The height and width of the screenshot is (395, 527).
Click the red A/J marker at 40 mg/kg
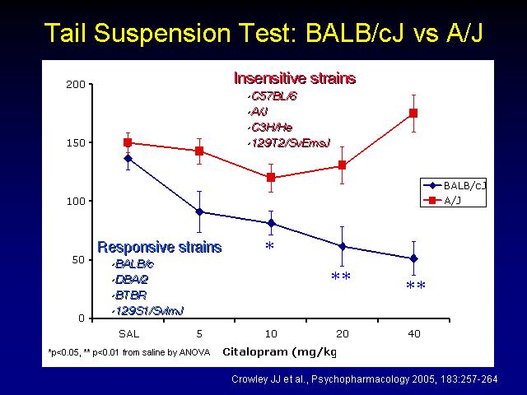[413, 114]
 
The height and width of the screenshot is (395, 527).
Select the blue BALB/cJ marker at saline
[128, 158]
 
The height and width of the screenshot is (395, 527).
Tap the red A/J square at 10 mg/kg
[271, 178]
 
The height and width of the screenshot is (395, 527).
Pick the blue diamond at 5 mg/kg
[199, 212]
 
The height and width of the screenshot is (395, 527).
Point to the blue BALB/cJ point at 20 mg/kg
[343, 247]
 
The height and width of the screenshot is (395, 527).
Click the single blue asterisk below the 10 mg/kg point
[269, 246]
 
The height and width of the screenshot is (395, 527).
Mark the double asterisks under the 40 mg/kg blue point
[416, 286]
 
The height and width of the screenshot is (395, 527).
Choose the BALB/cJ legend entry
[453, 186]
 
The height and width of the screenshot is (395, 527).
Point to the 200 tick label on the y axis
[76, 84]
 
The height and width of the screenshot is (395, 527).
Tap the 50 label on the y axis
[79, 260]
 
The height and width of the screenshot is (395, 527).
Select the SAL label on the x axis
[128, 334]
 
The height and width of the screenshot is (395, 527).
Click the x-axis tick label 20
[343, 334]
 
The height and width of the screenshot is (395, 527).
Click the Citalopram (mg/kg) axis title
[280, 352]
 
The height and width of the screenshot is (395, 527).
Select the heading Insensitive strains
[295, 78]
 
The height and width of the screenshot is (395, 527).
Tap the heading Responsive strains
[159, 247]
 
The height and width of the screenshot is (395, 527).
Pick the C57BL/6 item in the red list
[274, 97]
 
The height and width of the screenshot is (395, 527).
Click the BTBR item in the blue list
[131, 295]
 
